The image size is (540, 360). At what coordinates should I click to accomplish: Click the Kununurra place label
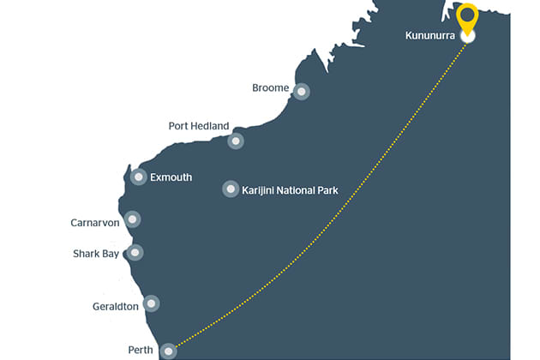pos(429,36)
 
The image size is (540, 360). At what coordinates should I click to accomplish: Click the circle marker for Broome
pos(301,91)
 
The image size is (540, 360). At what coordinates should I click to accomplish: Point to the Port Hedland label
pos(199,126)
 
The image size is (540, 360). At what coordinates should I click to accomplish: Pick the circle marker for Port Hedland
pos(236,141)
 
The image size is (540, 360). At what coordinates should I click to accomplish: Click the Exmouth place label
pos(171,178)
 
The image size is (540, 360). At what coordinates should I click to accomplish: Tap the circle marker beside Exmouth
pos(139,177)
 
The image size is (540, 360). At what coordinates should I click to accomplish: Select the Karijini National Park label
pos(291,189)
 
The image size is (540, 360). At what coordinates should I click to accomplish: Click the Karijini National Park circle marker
pos(231,189)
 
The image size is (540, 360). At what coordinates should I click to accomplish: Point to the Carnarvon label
pos(95,223)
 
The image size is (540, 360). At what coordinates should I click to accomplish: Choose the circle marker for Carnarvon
pos(131,219)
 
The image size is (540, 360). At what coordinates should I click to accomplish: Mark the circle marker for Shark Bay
pos(135,252)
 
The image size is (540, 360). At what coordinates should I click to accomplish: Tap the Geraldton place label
pos(115,307)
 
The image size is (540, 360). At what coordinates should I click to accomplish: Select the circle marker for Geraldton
pos(152,303)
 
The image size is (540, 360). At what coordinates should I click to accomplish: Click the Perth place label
pos(141,351)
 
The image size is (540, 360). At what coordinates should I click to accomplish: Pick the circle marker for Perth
pos(170,350)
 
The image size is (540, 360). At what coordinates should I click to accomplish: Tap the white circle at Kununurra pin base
pos(467,37)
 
